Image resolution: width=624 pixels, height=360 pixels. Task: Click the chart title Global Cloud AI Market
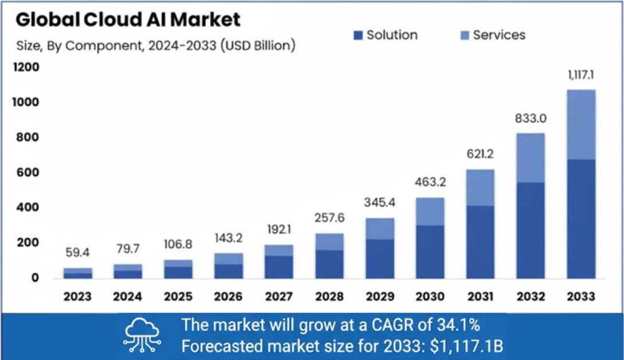click(128, 19)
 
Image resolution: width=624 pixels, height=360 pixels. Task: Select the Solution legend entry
click(386, 35)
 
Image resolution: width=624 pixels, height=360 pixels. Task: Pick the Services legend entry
click(493, 35)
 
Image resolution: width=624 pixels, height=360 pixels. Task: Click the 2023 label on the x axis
click(77, 297)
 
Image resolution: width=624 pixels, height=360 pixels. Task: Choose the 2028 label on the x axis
click(329, 297)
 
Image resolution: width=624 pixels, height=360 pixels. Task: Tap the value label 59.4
click(77, 252)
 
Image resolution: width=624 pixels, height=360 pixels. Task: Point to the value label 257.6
click(329, 218)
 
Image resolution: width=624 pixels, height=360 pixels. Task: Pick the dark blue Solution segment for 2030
click(429, 252)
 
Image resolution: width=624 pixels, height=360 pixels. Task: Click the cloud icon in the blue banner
click(143, 334)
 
